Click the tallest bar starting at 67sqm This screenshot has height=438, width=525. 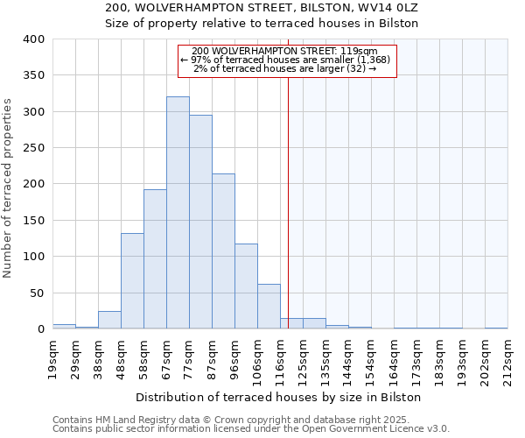178,213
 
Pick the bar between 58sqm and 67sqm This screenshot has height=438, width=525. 155,259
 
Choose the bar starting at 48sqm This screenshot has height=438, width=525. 132,281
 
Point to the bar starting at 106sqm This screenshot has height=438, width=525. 269,307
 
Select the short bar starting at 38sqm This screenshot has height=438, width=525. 109,321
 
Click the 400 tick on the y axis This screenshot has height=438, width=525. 34,39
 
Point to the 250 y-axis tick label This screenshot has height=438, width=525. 34,148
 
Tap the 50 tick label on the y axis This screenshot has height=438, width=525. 38,293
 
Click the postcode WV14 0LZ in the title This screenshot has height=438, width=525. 388,8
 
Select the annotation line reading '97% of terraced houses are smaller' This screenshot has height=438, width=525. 287,60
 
